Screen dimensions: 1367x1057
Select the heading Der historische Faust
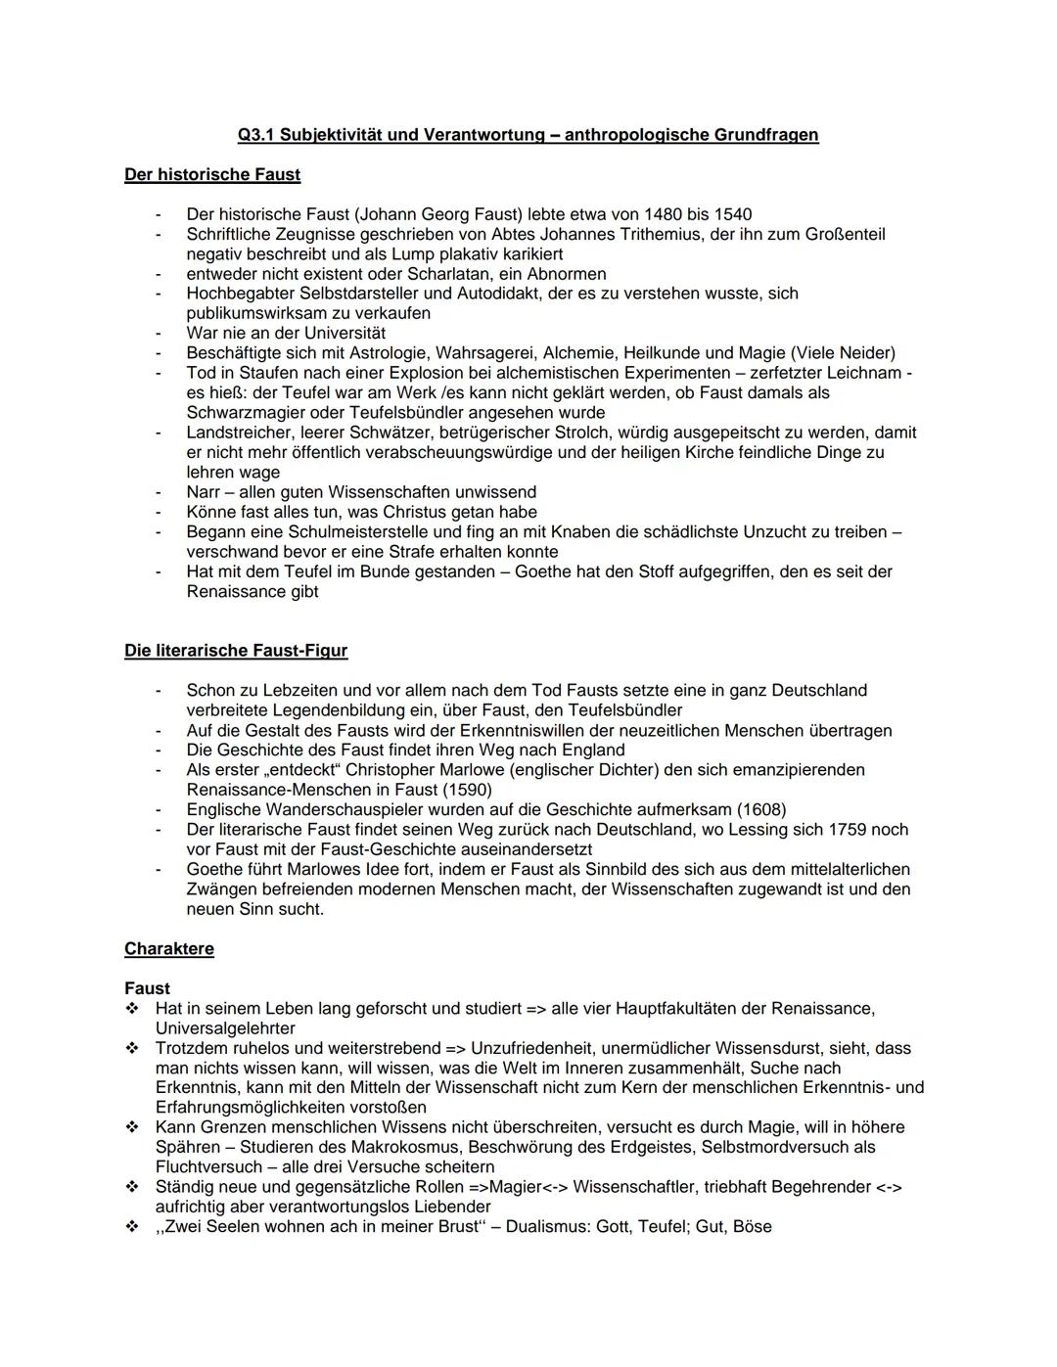212,175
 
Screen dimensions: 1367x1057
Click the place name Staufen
259,373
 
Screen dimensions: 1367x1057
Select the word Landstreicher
238,433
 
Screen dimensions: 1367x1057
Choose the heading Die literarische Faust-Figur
236,651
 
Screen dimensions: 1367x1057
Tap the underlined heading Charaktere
169,949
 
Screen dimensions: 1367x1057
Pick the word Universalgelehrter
225,1028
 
